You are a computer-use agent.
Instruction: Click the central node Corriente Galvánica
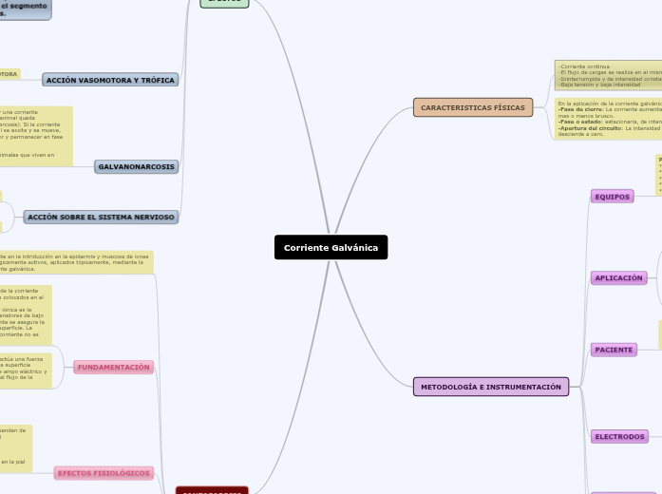331,247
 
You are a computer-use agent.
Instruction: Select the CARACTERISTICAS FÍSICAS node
472,107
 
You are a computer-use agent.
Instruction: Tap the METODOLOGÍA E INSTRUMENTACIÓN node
490,387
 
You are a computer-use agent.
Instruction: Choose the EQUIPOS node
612,197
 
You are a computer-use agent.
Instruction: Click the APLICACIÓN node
618,278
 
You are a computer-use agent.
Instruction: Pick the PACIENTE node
613,350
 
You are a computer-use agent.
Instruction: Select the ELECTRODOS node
618,436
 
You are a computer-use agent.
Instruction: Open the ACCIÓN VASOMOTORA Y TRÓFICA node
110,80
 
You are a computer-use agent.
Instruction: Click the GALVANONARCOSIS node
136,166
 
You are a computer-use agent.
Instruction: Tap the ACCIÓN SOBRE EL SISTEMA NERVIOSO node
101,217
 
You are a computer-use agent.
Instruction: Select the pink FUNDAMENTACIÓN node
114,367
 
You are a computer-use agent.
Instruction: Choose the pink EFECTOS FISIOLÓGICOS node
104,472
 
